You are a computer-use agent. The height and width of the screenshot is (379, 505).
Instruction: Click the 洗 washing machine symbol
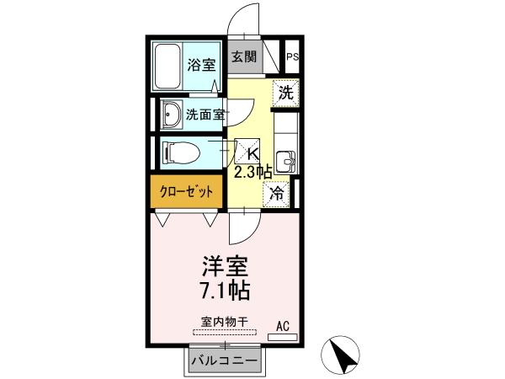[285, 93]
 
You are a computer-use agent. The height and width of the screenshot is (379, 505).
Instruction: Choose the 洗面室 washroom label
[205, 115]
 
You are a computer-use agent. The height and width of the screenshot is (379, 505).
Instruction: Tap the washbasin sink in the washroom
[171, 114]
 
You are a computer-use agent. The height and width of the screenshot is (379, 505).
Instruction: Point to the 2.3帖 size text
[252, 171]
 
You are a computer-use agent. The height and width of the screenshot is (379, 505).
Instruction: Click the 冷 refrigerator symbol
[277, 192]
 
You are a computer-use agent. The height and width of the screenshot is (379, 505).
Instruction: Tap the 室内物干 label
[225, 321]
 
